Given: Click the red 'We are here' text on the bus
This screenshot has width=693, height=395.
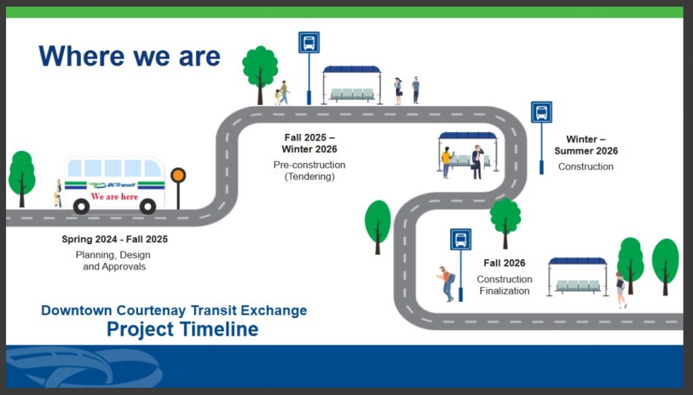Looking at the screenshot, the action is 114,197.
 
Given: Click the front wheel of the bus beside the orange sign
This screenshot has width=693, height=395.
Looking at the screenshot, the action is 148,206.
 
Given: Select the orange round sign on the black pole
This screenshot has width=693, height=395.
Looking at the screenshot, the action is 178,175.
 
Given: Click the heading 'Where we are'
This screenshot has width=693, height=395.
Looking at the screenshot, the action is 129,56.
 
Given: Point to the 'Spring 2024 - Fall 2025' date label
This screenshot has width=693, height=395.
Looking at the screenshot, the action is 115,239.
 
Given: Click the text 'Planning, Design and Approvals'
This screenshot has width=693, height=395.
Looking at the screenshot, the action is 114,260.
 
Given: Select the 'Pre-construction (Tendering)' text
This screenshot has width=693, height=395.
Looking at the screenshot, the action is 309,170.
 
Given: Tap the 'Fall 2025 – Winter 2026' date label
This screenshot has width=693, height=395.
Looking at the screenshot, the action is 309,143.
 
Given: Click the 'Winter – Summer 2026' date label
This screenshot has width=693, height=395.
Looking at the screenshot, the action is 586,145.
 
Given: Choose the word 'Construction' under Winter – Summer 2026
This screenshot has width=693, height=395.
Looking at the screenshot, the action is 585,166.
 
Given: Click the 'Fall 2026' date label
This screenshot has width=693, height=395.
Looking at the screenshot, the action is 504,263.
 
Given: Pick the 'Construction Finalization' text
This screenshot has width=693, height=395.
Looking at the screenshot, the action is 504,285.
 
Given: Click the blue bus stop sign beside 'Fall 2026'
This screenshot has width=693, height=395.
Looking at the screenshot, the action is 460,239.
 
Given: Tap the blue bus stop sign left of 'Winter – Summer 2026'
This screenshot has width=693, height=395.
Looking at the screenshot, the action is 541,112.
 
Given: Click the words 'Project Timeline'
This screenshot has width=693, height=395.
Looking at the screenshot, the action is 183,329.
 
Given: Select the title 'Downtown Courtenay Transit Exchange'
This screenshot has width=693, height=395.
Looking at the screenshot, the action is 174,310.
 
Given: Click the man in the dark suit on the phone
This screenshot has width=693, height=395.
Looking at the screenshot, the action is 477,162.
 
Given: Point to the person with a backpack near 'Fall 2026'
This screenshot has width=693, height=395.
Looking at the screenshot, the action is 447,283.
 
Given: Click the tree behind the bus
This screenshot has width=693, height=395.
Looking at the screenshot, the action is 22,177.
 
